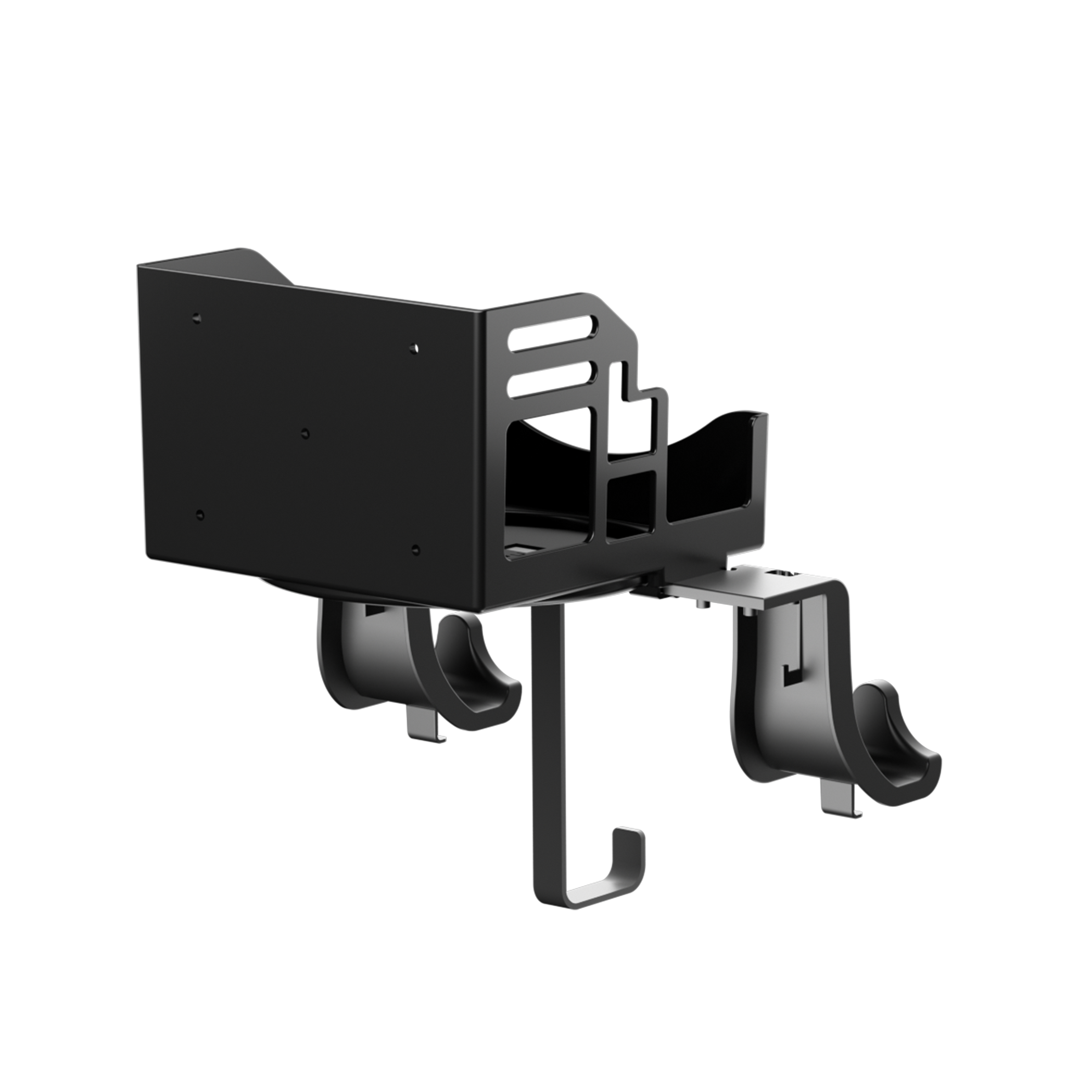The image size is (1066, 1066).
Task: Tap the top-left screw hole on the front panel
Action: click(197, 319)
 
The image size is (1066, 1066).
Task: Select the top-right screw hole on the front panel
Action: click(413, 349)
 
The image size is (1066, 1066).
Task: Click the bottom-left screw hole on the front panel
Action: click(200, 515)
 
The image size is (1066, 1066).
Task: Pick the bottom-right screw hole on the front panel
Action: click(415, 550)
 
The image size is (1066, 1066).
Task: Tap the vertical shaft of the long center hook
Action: click(546, 745)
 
